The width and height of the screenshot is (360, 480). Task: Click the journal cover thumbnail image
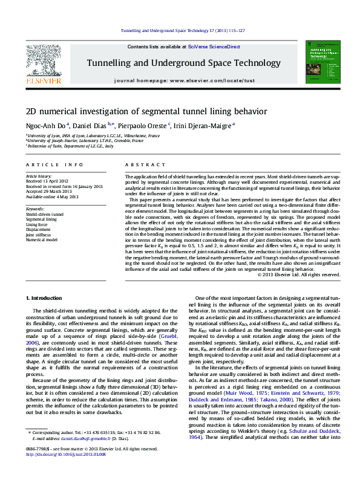click(x=319, y=63)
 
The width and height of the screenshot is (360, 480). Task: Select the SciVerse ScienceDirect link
click(x=214, y=47)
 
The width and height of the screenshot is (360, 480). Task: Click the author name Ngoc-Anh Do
click(x=46, y=125)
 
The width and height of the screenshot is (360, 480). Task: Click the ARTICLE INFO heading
click(x=54, y=164)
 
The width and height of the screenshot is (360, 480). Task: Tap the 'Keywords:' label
click(x=36, y=209)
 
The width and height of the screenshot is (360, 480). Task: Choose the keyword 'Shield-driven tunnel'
click(x=44, y=214)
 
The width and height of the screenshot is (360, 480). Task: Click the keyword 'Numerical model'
click(x=41, y=239)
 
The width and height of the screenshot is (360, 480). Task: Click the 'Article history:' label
click(x=39, y=175)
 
